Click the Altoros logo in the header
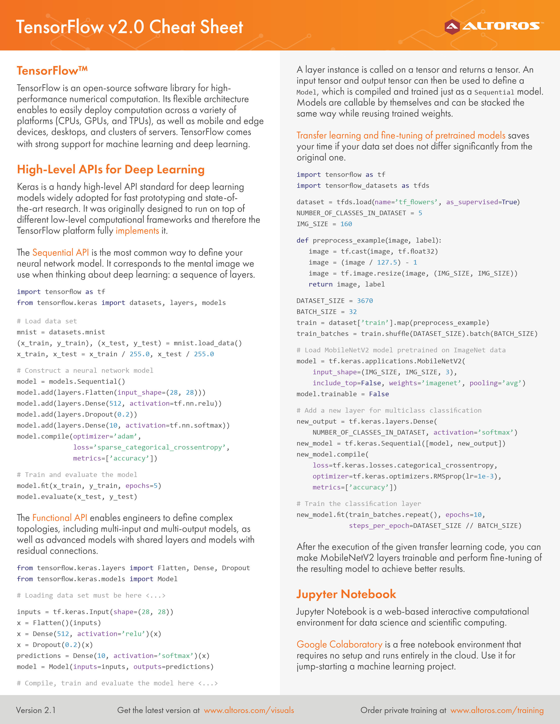(494, 26)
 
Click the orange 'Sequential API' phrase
(60, 253)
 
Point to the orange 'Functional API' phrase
(60, 518)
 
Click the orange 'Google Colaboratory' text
(339, 644)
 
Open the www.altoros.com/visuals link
(249, 710)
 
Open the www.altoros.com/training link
(497, 710)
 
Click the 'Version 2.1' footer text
(36, 710)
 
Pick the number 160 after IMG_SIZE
(346, 224)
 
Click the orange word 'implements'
(137, 231)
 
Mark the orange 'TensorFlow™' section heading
(52, 71)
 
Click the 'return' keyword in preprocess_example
(320, 284)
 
